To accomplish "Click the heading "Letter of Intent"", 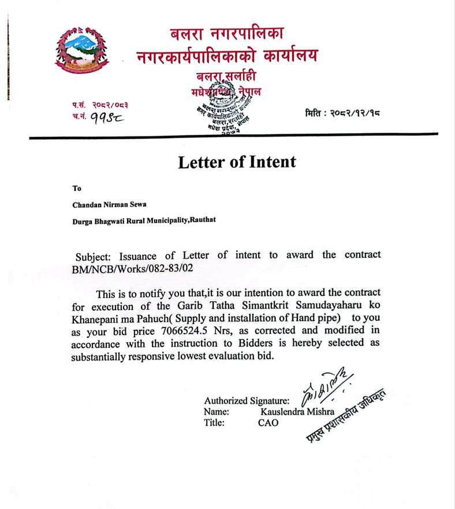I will [237, 161].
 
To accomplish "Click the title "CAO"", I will [268, 423].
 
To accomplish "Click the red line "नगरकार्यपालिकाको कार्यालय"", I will [226, 57].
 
